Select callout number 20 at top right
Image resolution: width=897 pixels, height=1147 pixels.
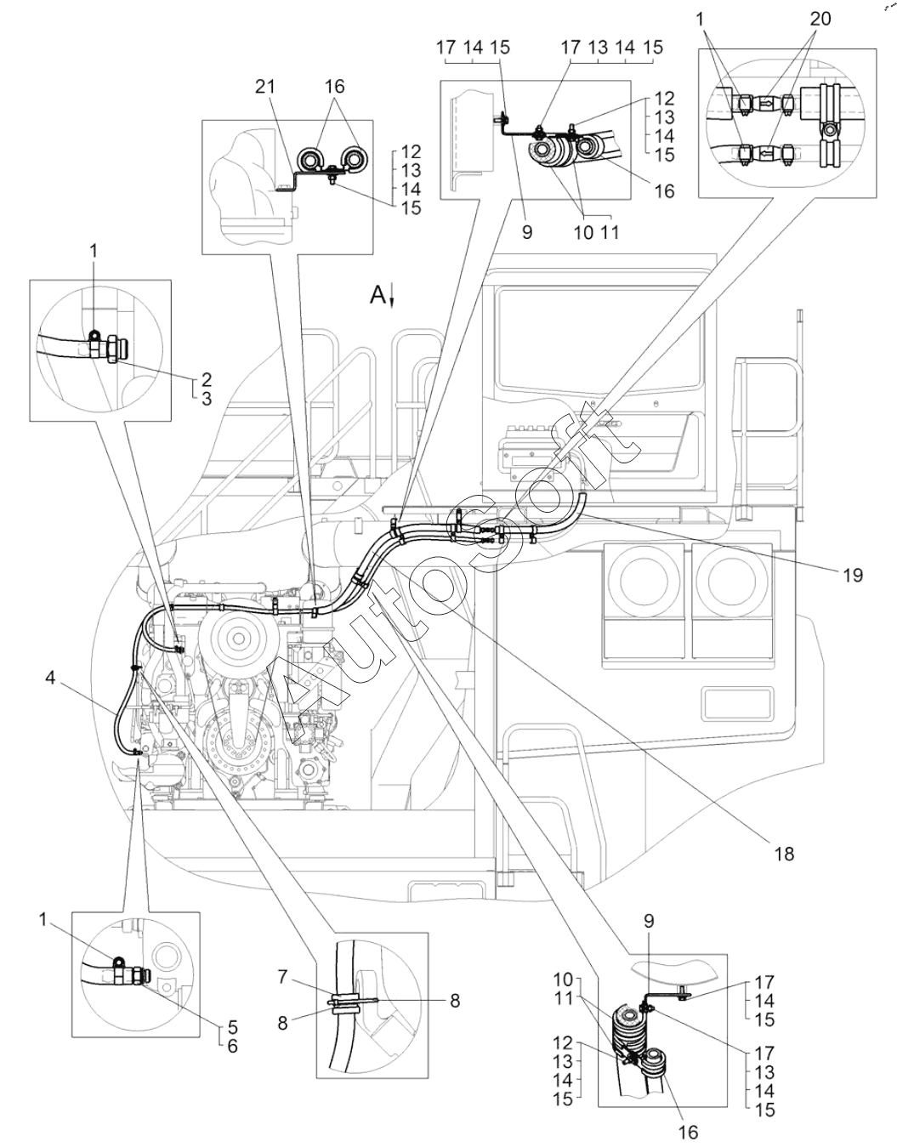pos(820,19)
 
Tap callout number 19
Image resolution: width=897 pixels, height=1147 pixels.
pos(852,576)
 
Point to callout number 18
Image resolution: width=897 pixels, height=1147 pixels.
pos(783,851)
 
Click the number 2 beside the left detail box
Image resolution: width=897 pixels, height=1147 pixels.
pos(207,379)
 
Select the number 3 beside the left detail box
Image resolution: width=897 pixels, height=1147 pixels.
pos(207,398)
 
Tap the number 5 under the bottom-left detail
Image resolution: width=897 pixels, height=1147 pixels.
pos(231,1027)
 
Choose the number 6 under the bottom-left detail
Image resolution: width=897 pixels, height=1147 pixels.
pos(231,1047)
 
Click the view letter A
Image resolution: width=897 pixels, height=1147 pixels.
pos(377,295)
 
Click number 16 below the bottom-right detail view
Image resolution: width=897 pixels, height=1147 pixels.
pos(688,1132)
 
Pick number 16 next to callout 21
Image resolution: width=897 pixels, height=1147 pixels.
pos(334,87)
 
